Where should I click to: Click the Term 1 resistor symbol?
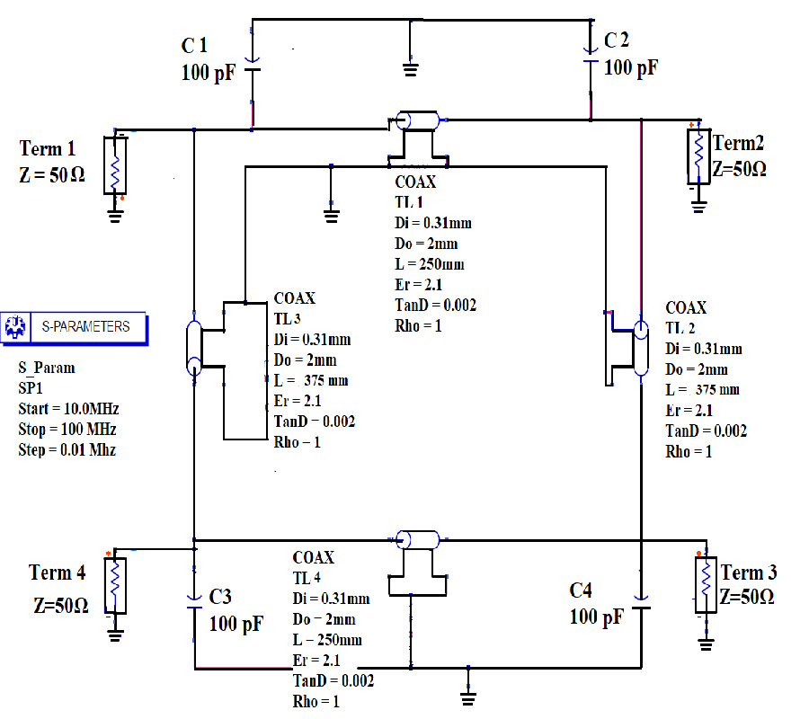(x=115, y=164)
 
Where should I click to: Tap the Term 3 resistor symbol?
(x=707, y=583)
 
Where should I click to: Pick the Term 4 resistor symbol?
(x=115, y=584)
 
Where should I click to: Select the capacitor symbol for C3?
(x=194, y=601)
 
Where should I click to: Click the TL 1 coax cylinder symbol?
(x=418, y=121)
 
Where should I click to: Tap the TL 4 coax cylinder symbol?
(x=418, y=540)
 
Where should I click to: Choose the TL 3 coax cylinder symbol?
(x=194, y=346)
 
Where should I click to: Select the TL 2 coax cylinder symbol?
(x=640, y=346)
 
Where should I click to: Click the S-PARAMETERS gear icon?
(x=14, y=327)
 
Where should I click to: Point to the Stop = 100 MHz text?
(x=67, y=430)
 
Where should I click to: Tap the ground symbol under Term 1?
(x=115, y=213)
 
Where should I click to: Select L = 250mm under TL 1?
(x=430, y=265)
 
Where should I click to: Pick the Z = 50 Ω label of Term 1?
(x=52, y=176)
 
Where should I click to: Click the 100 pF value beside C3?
(x=236, y=624)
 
